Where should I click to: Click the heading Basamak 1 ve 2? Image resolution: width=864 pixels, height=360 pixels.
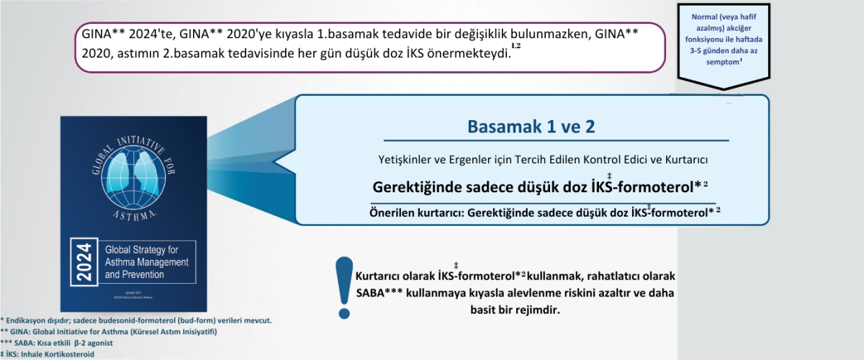[531, 127]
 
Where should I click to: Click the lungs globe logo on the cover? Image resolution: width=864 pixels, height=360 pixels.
[133, 177]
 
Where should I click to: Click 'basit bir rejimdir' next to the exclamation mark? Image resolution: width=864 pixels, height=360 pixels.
[508, 310]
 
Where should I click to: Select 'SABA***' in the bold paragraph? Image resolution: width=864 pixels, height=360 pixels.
[381, 294]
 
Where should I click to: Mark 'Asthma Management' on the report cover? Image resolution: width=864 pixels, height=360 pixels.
[147, 262]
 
